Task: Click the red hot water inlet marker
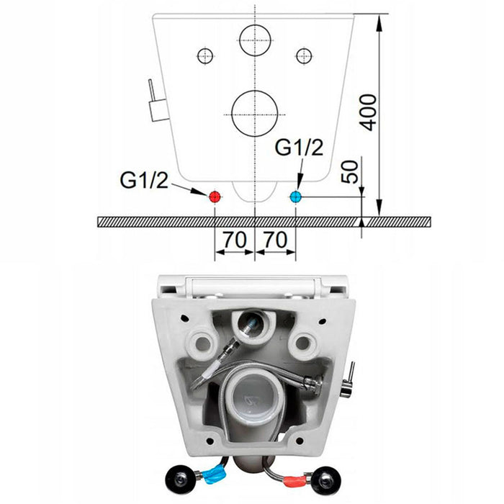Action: (x=215, y=197)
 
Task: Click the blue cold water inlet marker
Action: (x=295, y=197)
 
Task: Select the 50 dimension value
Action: (x=350, y=172)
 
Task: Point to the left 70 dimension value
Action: (x=235, y=240)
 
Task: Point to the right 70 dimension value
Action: (x=275, y=240)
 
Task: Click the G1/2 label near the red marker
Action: (x=144, y=180)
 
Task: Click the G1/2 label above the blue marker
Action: (x=300, y=148)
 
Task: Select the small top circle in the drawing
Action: (x=255, y=40)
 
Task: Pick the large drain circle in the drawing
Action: (x=255, y=114)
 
